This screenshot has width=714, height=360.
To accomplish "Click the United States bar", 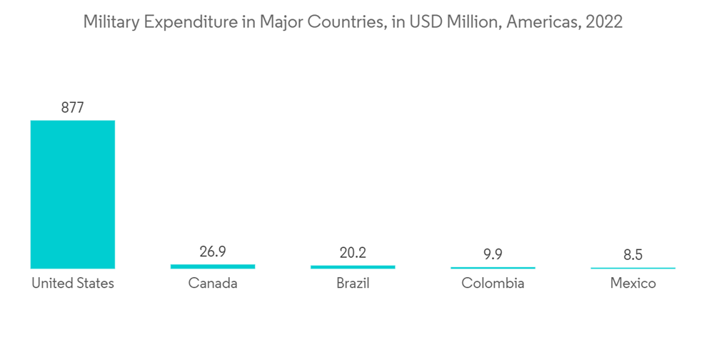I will (72, 194).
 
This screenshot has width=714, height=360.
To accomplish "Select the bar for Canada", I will (213, 266).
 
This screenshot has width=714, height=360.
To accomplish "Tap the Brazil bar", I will (353, 267).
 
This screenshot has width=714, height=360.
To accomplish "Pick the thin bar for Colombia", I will (493, 268).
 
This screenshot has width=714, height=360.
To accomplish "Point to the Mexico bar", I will (633, 268).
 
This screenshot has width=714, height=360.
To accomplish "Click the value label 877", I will (72, 108).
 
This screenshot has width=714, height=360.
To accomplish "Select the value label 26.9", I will (213, 252).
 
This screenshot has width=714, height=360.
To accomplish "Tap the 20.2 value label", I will (353, 252).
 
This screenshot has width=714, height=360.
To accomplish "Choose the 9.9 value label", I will (493, 254).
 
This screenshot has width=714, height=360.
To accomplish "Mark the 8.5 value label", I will (633, 254).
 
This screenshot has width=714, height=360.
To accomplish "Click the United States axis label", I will (72, 284).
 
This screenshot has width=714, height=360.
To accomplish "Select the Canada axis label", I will (213, 284).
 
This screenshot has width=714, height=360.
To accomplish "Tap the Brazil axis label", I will (353, 284).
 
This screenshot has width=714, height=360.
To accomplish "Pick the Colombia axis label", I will (493, 284).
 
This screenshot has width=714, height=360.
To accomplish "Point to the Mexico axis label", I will (633, 284).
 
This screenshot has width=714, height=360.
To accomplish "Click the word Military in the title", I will (109, 22).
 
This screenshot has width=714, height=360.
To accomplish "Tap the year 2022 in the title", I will (604, 22).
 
